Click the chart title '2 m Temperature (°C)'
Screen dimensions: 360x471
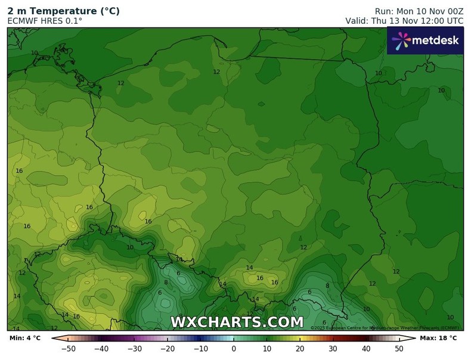pos(63,11)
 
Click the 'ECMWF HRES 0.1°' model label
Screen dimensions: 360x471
pos(45,21)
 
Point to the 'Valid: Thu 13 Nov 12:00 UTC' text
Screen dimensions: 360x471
pos(404,21)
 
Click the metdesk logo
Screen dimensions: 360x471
pos(425,41)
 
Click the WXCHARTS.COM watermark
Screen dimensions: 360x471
pos(237,322)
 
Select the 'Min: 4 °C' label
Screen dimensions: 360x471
pos(25,339)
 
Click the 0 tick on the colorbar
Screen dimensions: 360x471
pos(234,349)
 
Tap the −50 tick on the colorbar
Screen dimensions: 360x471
pos(69,349)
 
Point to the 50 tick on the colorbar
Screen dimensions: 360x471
pos(399,349)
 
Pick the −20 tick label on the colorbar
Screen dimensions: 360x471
pos(168,349)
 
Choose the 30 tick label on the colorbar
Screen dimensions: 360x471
pos(333,349)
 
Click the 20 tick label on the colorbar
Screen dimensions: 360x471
pos(300,349)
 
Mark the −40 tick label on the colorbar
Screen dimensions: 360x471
pos(101,349)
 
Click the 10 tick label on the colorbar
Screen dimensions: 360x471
pos(267,349)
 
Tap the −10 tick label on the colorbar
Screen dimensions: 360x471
pos(200,349)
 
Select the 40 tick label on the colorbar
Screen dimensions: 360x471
pos(366,349)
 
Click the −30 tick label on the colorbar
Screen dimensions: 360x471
pos(134,349)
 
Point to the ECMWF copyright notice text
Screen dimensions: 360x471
pos(385,328)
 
